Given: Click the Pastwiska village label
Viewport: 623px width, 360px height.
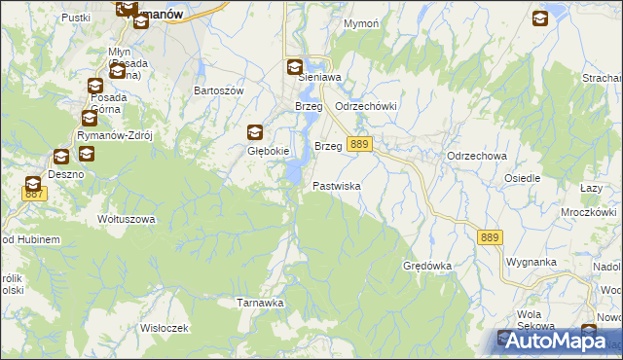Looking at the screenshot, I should [x=337, y=185].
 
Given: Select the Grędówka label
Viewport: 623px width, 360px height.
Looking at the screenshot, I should [x=427, y=265].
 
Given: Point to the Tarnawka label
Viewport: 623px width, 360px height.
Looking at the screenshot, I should [x=261, y=303].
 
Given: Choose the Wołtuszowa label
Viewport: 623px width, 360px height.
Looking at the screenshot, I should [x=127, y=219].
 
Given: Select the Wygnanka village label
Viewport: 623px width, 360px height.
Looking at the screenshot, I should [x=531, y=263].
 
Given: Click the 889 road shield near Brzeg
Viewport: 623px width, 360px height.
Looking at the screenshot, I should [x=359, y=144].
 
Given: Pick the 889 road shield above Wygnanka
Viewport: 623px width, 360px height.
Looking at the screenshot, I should [x=491, y=236].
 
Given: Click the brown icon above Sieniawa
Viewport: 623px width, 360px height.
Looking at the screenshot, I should [x=295, y=67].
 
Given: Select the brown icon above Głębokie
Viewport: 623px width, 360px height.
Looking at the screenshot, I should [x=255, y=133].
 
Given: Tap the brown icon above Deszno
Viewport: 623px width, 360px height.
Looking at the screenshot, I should [x=60, y=156].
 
